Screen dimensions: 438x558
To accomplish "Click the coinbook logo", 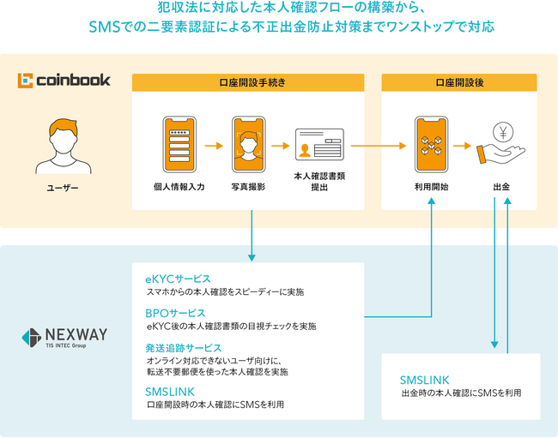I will (x=64, y=81).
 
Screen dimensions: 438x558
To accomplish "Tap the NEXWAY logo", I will (x=64, y=336).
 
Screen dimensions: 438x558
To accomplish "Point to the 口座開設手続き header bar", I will (x=247, y=82).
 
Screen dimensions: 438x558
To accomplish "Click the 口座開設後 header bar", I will (x=459, y=82).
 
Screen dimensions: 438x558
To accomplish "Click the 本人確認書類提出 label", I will (x=319, y=181).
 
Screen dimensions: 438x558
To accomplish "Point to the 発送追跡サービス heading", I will (x=184, y=348).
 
